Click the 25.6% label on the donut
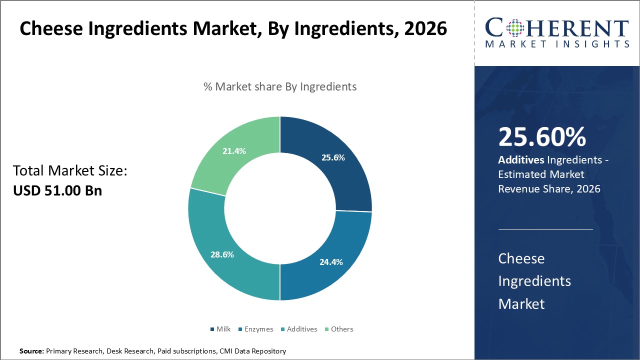(332, 157)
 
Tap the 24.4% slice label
(331, 261)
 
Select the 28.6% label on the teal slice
(222, 254)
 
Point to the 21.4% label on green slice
(233, 150)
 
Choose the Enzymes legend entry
(255, 329)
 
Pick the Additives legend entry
(299, 329)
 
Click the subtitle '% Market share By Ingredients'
(280, 86)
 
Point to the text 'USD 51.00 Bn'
(57, 190)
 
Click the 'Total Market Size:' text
(70, 171)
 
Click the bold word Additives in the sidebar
(521, 160)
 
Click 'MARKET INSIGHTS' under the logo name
(556, 44)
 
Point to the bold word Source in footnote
(31, 351)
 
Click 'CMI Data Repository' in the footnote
(252, 351)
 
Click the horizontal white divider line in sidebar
(545, 229)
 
